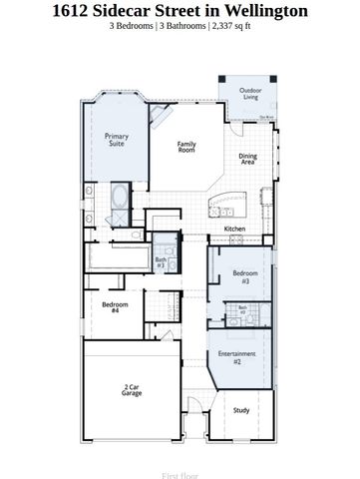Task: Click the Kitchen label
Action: [234, 230]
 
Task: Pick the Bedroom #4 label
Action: [115, 307]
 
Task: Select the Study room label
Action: [242, 409]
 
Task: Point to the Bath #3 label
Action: [161, 262]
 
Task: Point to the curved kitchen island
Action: [214, 204]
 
